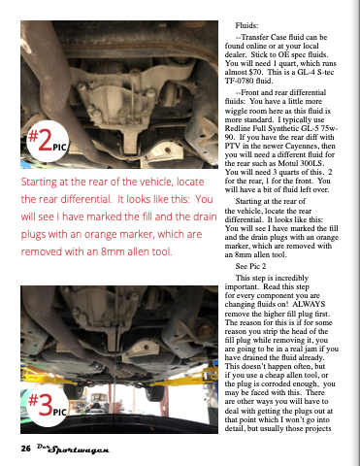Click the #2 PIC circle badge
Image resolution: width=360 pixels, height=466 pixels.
point(48,141)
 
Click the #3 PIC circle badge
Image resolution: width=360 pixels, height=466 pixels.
point(48,406)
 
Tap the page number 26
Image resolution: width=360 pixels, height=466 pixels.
point(26,449)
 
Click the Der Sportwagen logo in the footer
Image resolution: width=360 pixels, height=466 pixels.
point(73,449)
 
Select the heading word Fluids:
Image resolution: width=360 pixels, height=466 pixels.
point(246,25)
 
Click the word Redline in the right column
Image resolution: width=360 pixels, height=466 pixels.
point(237,128)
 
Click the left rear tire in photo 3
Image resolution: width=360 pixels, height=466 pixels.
point(74,390)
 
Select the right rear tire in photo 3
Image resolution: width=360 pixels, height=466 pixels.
point(155,392)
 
